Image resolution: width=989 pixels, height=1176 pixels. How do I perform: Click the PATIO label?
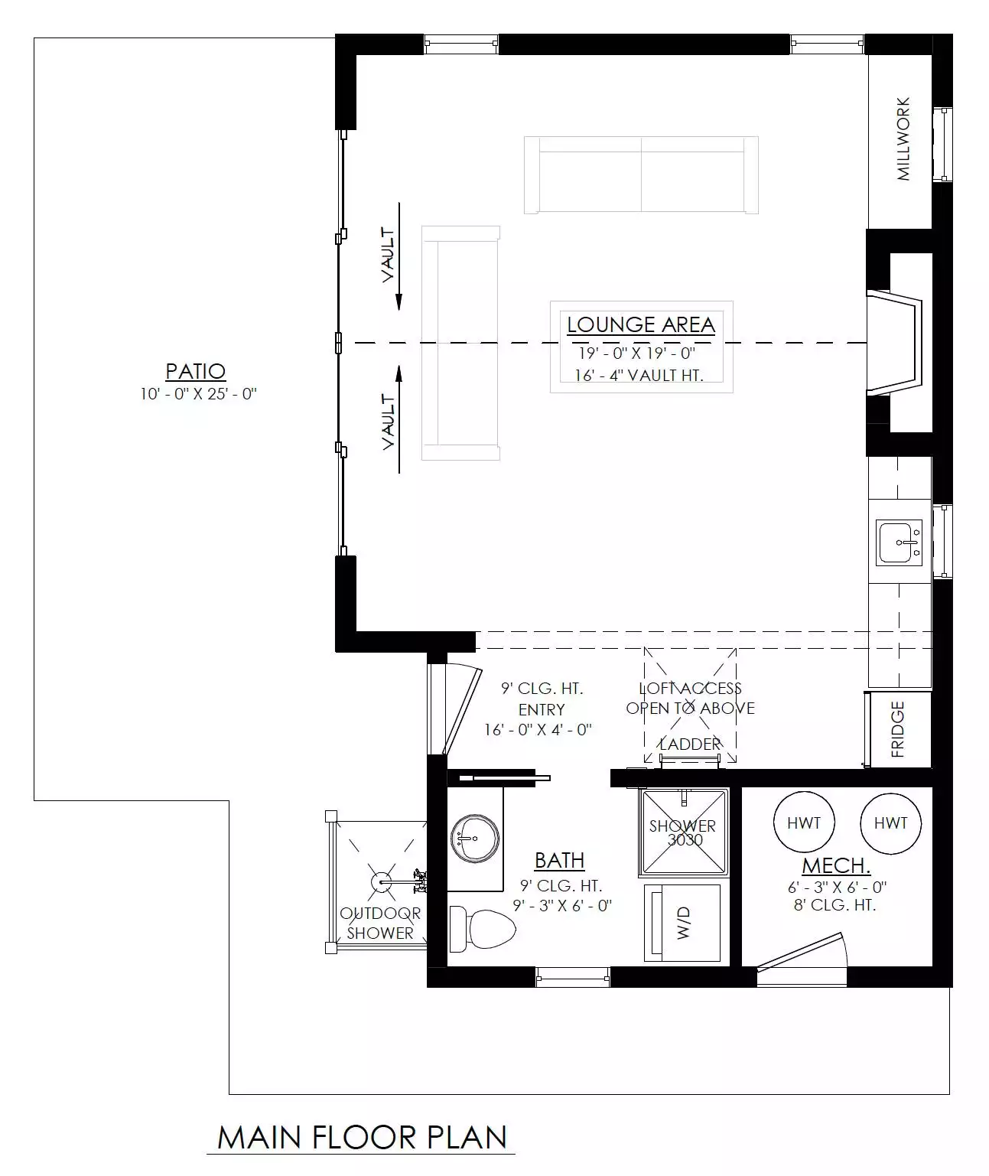196,371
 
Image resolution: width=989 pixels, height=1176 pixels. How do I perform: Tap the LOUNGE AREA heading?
641,324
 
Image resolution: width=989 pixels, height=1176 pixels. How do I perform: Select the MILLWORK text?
903,139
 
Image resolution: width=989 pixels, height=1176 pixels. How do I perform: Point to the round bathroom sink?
475,839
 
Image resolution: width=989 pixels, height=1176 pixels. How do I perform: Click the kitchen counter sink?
899,542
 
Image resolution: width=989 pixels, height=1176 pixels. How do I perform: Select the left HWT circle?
804,823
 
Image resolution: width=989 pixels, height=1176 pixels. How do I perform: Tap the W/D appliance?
682,923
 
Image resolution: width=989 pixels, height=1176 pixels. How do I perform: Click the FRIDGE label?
898,729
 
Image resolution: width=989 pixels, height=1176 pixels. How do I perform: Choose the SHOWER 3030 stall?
683,832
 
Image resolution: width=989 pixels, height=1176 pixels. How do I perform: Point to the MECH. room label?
836,865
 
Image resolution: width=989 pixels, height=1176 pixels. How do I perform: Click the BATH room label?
559,861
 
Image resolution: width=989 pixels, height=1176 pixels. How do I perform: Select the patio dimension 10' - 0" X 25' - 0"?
198,394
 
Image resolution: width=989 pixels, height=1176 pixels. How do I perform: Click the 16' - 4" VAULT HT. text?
639,375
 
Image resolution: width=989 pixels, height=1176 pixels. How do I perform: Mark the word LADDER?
690,744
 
